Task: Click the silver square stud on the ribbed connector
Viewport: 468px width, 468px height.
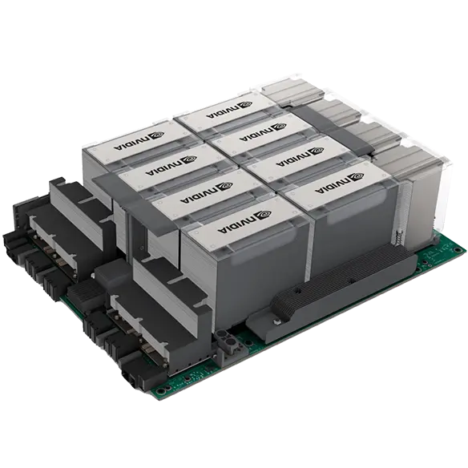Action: pyautogui.click(x=277, y=322)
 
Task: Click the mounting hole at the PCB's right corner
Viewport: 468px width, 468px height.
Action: pyautogui.click(x=456, y=249)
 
